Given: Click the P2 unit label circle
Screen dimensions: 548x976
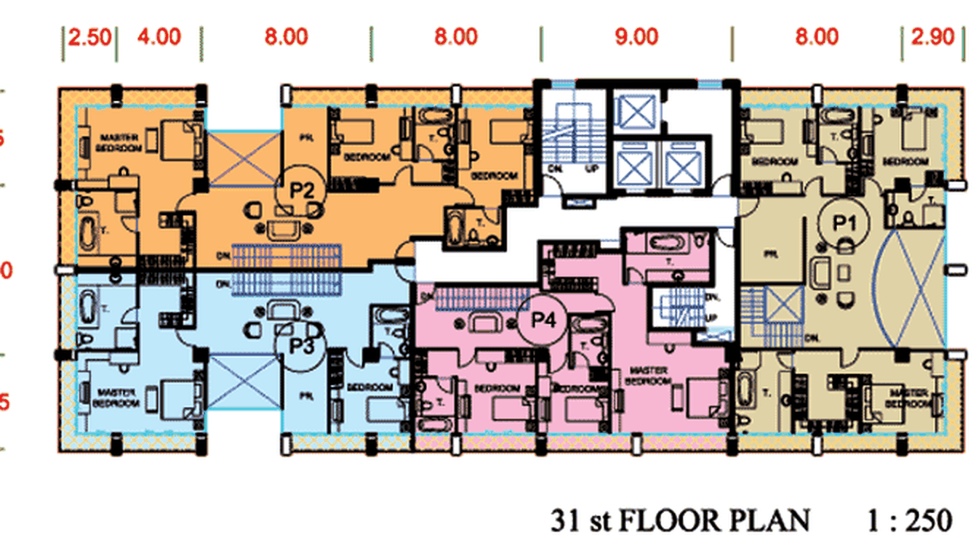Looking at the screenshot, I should tap(302, 192).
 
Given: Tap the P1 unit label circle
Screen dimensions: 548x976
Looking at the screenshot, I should tap(843, 223).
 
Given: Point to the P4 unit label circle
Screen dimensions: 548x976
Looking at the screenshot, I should tap(539, 320).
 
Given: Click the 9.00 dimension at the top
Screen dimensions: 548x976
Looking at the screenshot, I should tap(636, 36).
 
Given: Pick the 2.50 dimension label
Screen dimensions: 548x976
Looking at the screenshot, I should tap(89, 36).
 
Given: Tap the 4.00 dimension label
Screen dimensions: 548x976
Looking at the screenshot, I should tap(159, 36).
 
